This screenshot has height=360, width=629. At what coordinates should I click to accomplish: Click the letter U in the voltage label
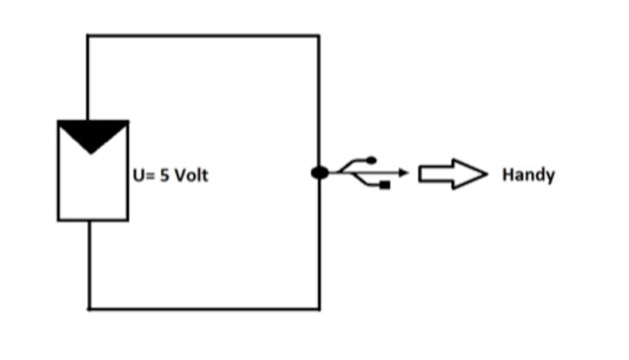pos(139,176)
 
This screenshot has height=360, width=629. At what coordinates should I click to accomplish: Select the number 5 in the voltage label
pos(165,176)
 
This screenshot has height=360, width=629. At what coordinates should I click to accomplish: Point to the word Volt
pos(191,175)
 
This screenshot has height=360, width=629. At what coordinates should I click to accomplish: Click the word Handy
pos(529,175)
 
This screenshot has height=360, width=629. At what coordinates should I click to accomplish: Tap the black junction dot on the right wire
pos(320,173)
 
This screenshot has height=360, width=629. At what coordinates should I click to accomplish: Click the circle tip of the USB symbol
pos(371,160)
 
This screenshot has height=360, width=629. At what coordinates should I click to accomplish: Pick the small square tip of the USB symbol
pos(384,185)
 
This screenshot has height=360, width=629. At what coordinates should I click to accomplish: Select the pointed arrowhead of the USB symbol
pos(403,173)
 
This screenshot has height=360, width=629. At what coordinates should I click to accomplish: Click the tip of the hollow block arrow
pos(487,174)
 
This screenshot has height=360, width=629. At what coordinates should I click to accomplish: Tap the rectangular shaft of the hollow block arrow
pos(436,174)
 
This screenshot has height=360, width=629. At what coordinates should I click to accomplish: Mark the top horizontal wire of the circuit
pos(203,36)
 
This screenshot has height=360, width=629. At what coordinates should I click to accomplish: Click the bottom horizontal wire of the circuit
pos(204,309)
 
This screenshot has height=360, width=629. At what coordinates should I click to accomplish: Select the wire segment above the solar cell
pos(88,78)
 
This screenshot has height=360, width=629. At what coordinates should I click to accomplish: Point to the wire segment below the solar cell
pos(90,264)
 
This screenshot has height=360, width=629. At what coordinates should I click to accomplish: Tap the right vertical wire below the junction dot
pos(320,245)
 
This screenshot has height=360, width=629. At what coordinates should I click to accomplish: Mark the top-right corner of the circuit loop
pos(320,36)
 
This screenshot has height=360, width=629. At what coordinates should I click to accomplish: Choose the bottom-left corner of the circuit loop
pos(90,309)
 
